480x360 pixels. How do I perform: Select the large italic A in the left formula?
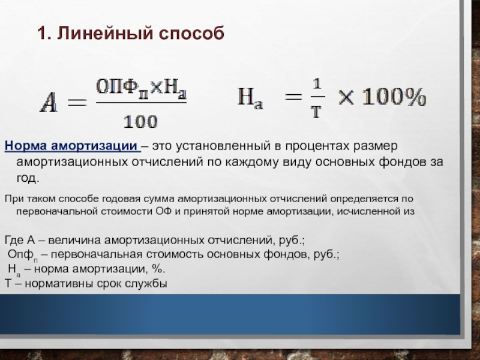point(49,103)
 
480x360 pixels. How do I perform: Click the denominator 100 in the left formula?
point(140,122)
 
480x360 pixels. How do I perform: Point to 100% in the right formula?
point(394,97)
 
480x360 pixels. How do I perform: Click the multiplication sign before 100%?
point(346,97)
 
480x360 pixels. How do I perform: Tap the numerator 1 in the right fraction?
point(317,83)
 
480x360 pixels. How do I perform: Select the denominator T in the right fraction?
point(317,112)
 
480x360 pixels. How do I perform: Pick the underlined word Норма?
point(25,146)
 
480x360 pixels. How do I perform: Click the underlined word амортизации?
point(94,146)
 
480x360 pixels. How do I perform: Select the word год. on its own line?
point(28,178)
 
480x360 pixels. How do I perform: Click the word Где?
point(14,240)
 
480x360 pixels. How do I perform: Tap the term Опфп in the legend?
point(23,255)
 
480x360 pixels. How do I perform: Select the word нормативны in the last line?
point(59,284)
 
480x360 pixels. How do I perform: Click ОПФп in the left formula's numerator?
point(122,88)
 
